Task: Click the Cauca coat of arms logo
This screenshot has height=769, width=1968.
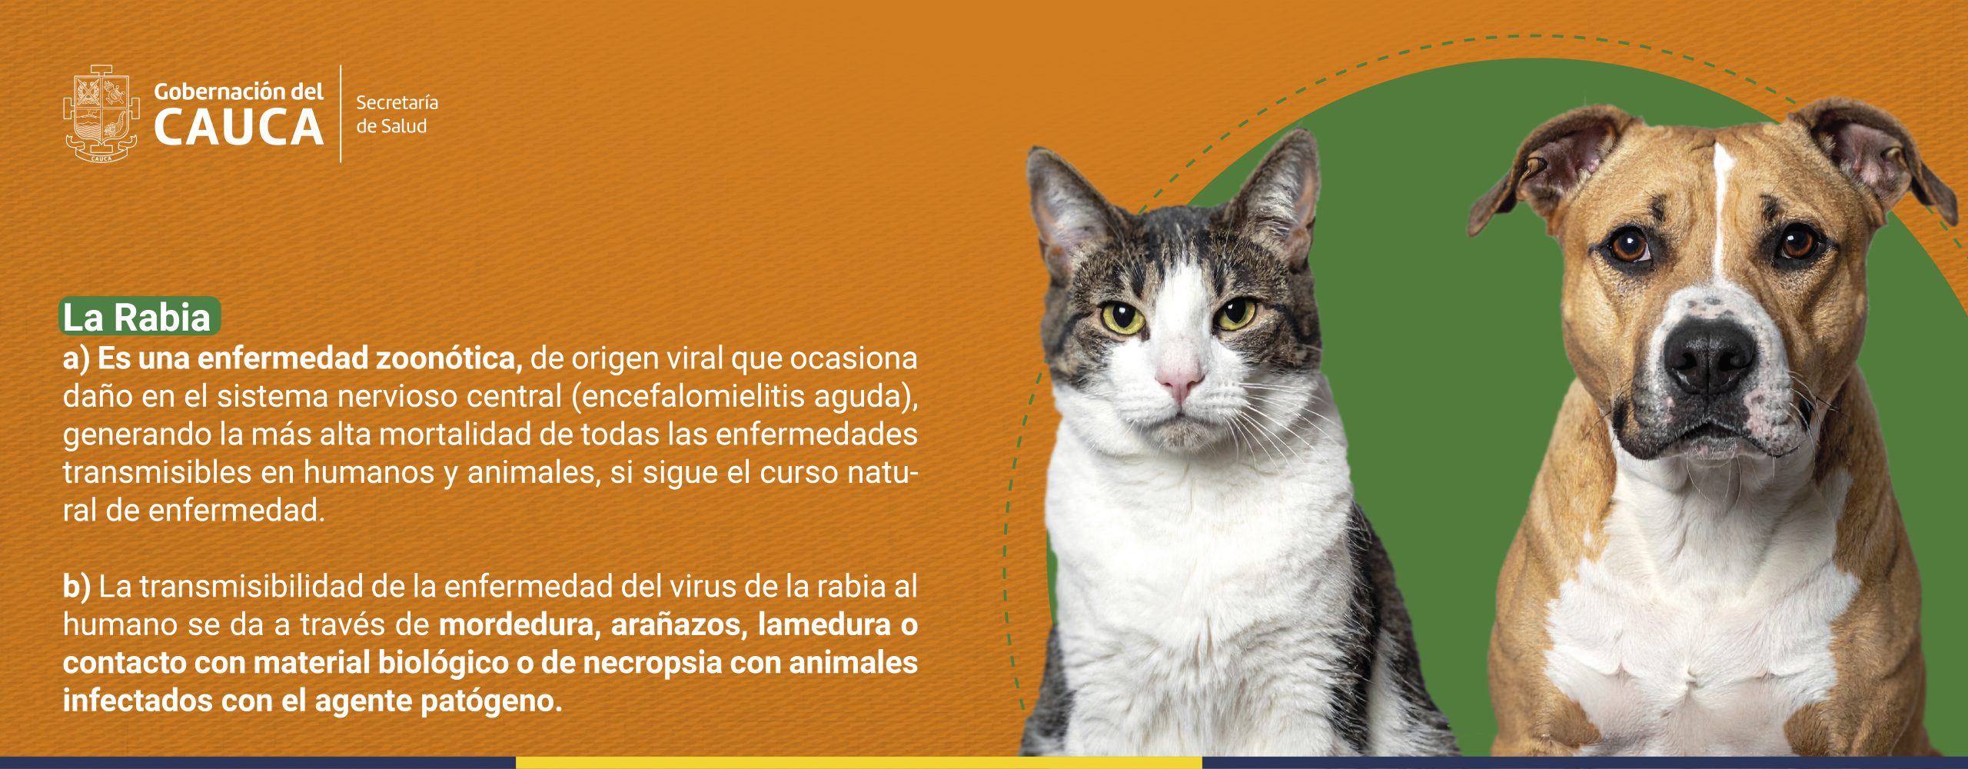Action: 101,113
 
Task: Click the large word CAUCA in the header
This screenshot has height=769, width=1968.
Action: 238,128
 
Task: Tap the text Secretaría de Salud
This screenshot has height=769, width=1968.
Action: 397,114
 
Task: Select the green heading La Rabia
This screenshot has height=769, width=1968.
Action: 139,317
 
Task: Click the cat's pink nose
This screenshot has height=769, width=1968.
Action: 1178,377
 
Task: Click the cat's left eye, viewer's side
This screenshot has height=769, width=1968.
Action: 1122,317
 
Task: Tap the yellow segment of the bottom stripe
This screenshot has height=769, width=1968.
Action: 859,763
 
